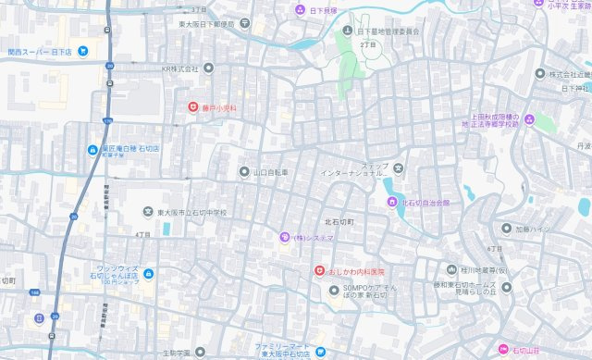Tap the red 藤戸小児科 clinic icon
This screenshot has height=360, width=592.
click(x=192, y=108)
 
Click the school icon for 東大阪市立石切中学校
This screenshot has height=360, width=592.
click(x=147, y=212)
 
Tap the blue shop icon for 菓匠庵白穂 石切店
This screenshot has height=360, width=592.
click(x=92, y=150)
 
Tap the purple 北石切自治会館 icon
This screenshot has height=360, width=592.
click(x=389, y=202)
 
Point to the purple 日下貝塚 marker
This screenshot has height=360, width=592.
click(x=299, y=10)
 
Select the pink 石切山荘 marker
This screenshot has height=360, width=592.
click(x=504, y=350)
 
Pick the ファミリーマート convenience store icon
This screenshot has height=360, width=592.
click(x=319, y=352)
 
